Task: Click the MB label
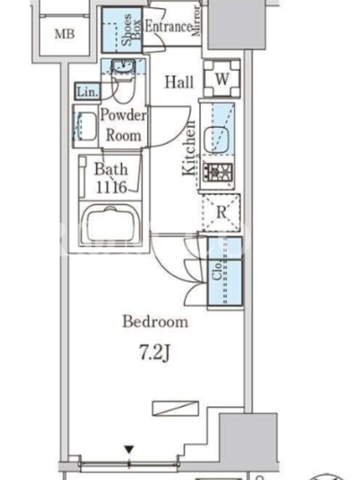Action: coord(65,34)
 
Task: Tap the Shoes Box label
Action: coord(131,29)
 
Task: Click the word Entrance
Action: coord(169,26)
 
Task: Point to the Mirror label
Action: coord(196,21)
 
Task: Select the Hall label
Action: coord(179,82)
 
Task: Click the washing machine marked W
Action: coord(222,79)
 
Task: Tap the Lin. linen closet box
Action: coord(88,91)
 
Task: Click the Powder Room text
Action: coord(124,125)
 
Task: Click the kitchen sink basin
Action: coord(217,140)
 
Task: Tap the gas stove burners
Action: coord(218,172)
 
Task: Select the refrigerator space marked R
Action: coord(221,212)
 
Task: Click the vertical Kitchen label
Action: coord(189,149)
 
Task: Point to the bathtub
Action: coord(110,223)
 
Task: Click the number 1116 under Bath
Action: coord(111,187)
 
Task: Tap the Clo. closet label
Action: coord(217,271)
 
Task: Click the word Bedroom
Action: coord(155,322)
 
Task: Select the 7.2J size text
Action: coord(155,353)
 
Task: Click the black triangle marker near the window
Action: coord(129,449)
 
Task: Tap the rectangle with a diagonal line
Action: coord(175,408)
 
